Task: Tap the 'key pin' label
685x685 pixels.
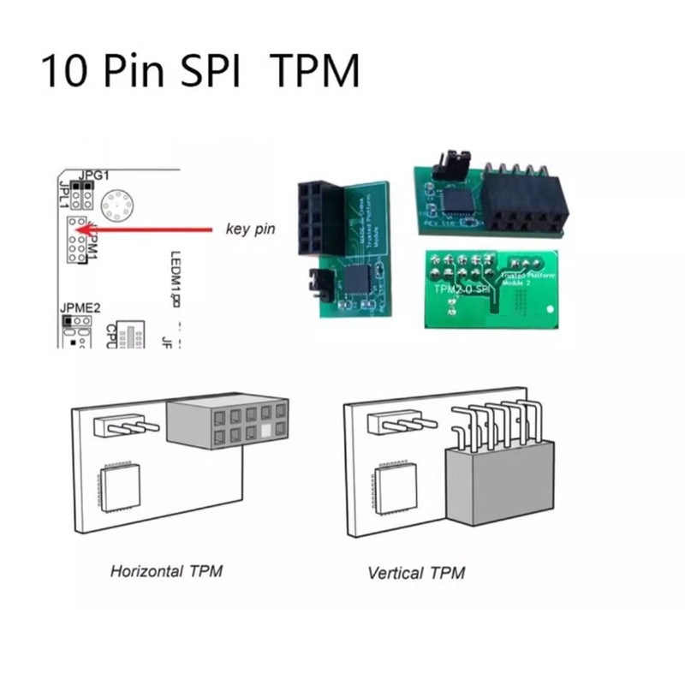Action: pyautogui.click(x=250, y=229)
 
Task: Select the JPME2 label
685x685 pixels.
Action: pyautogui.click(x=80, y=305)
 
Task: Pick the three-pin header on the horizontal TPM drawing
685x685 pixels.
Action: pyautogui.click(x=129, y=425)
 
